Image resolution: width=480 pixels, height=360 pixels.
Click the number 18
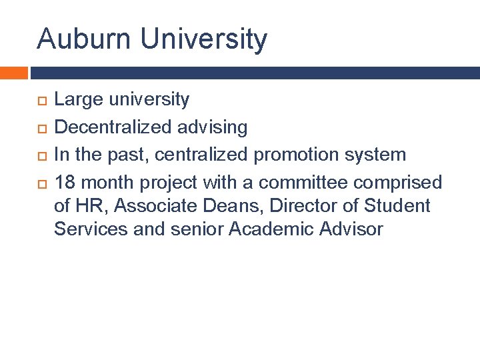pos(64,182)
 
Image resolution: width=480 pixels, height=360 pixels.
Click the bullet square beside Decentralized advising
pos(41,128)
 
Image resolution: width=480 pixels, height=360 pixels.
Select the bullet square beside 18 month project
pos(41,183)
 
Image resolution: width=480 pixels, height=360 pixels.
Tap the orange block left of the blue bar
pos(13,72)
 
